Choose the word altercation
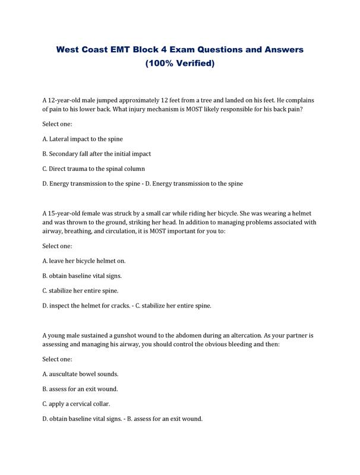tap(248, 335)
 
